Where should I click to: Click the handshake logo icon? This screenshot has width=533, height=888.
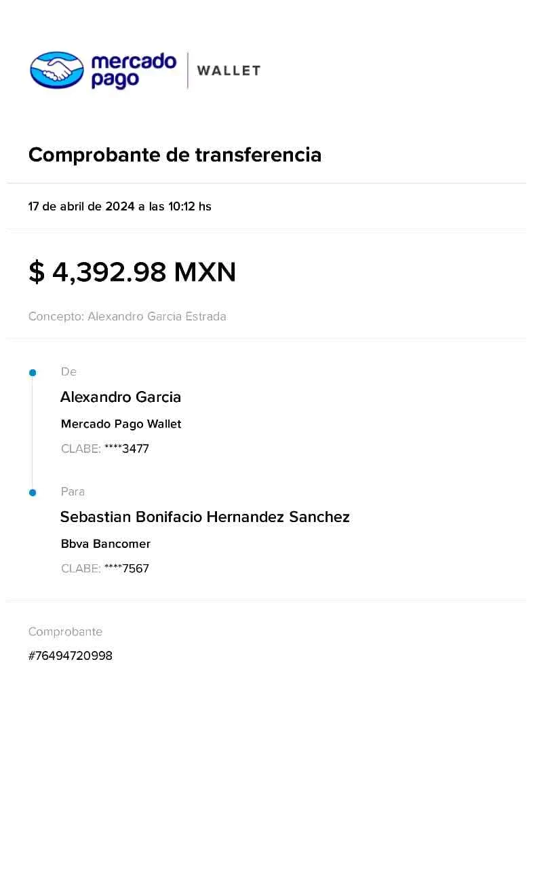click(57, 70)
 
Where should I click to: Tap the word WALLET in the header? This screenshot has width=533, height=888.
click(229, 71)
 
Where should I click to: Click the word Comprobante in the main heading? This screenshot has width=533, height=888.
click(94, 155)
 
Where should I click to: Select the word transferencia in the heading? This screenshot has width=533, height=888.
click(258, 154)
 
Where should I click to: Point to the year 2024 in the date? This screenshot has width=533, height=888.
click(119, 206)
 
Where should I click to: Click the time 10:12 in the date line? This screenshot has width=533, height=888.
click(182, 206)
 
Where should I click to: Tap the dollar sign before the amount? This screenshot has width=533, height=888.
click(37, 272)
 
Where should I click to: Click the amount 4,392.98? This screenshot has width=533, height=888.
click(109, 272)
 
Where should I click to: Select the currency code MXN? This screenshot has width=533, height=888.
click(205, 272)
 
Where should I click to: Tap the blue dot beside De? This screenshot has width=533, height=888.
click(33, 373)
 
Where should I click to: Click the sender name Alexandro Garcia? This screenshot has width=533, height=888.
click(121, 397)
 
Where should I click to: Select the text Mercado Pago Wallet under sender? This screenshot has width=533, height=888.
click(121, 424)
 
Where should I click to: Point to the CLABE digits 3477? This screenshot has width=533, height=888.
click(136, 449)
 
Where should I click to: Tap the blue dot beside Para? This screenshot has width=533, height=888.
click(33, 493)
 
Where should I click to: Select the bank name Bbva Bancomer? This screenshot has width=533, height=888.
click(106, 544)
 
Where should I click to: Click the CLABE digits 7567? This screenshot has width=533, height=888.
click(136, 568)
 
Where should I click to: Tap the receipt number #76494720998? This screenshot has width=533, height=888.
click(71, 656)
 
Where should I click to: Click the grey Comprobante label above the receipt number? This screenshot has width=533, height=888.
click(65, 631)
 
